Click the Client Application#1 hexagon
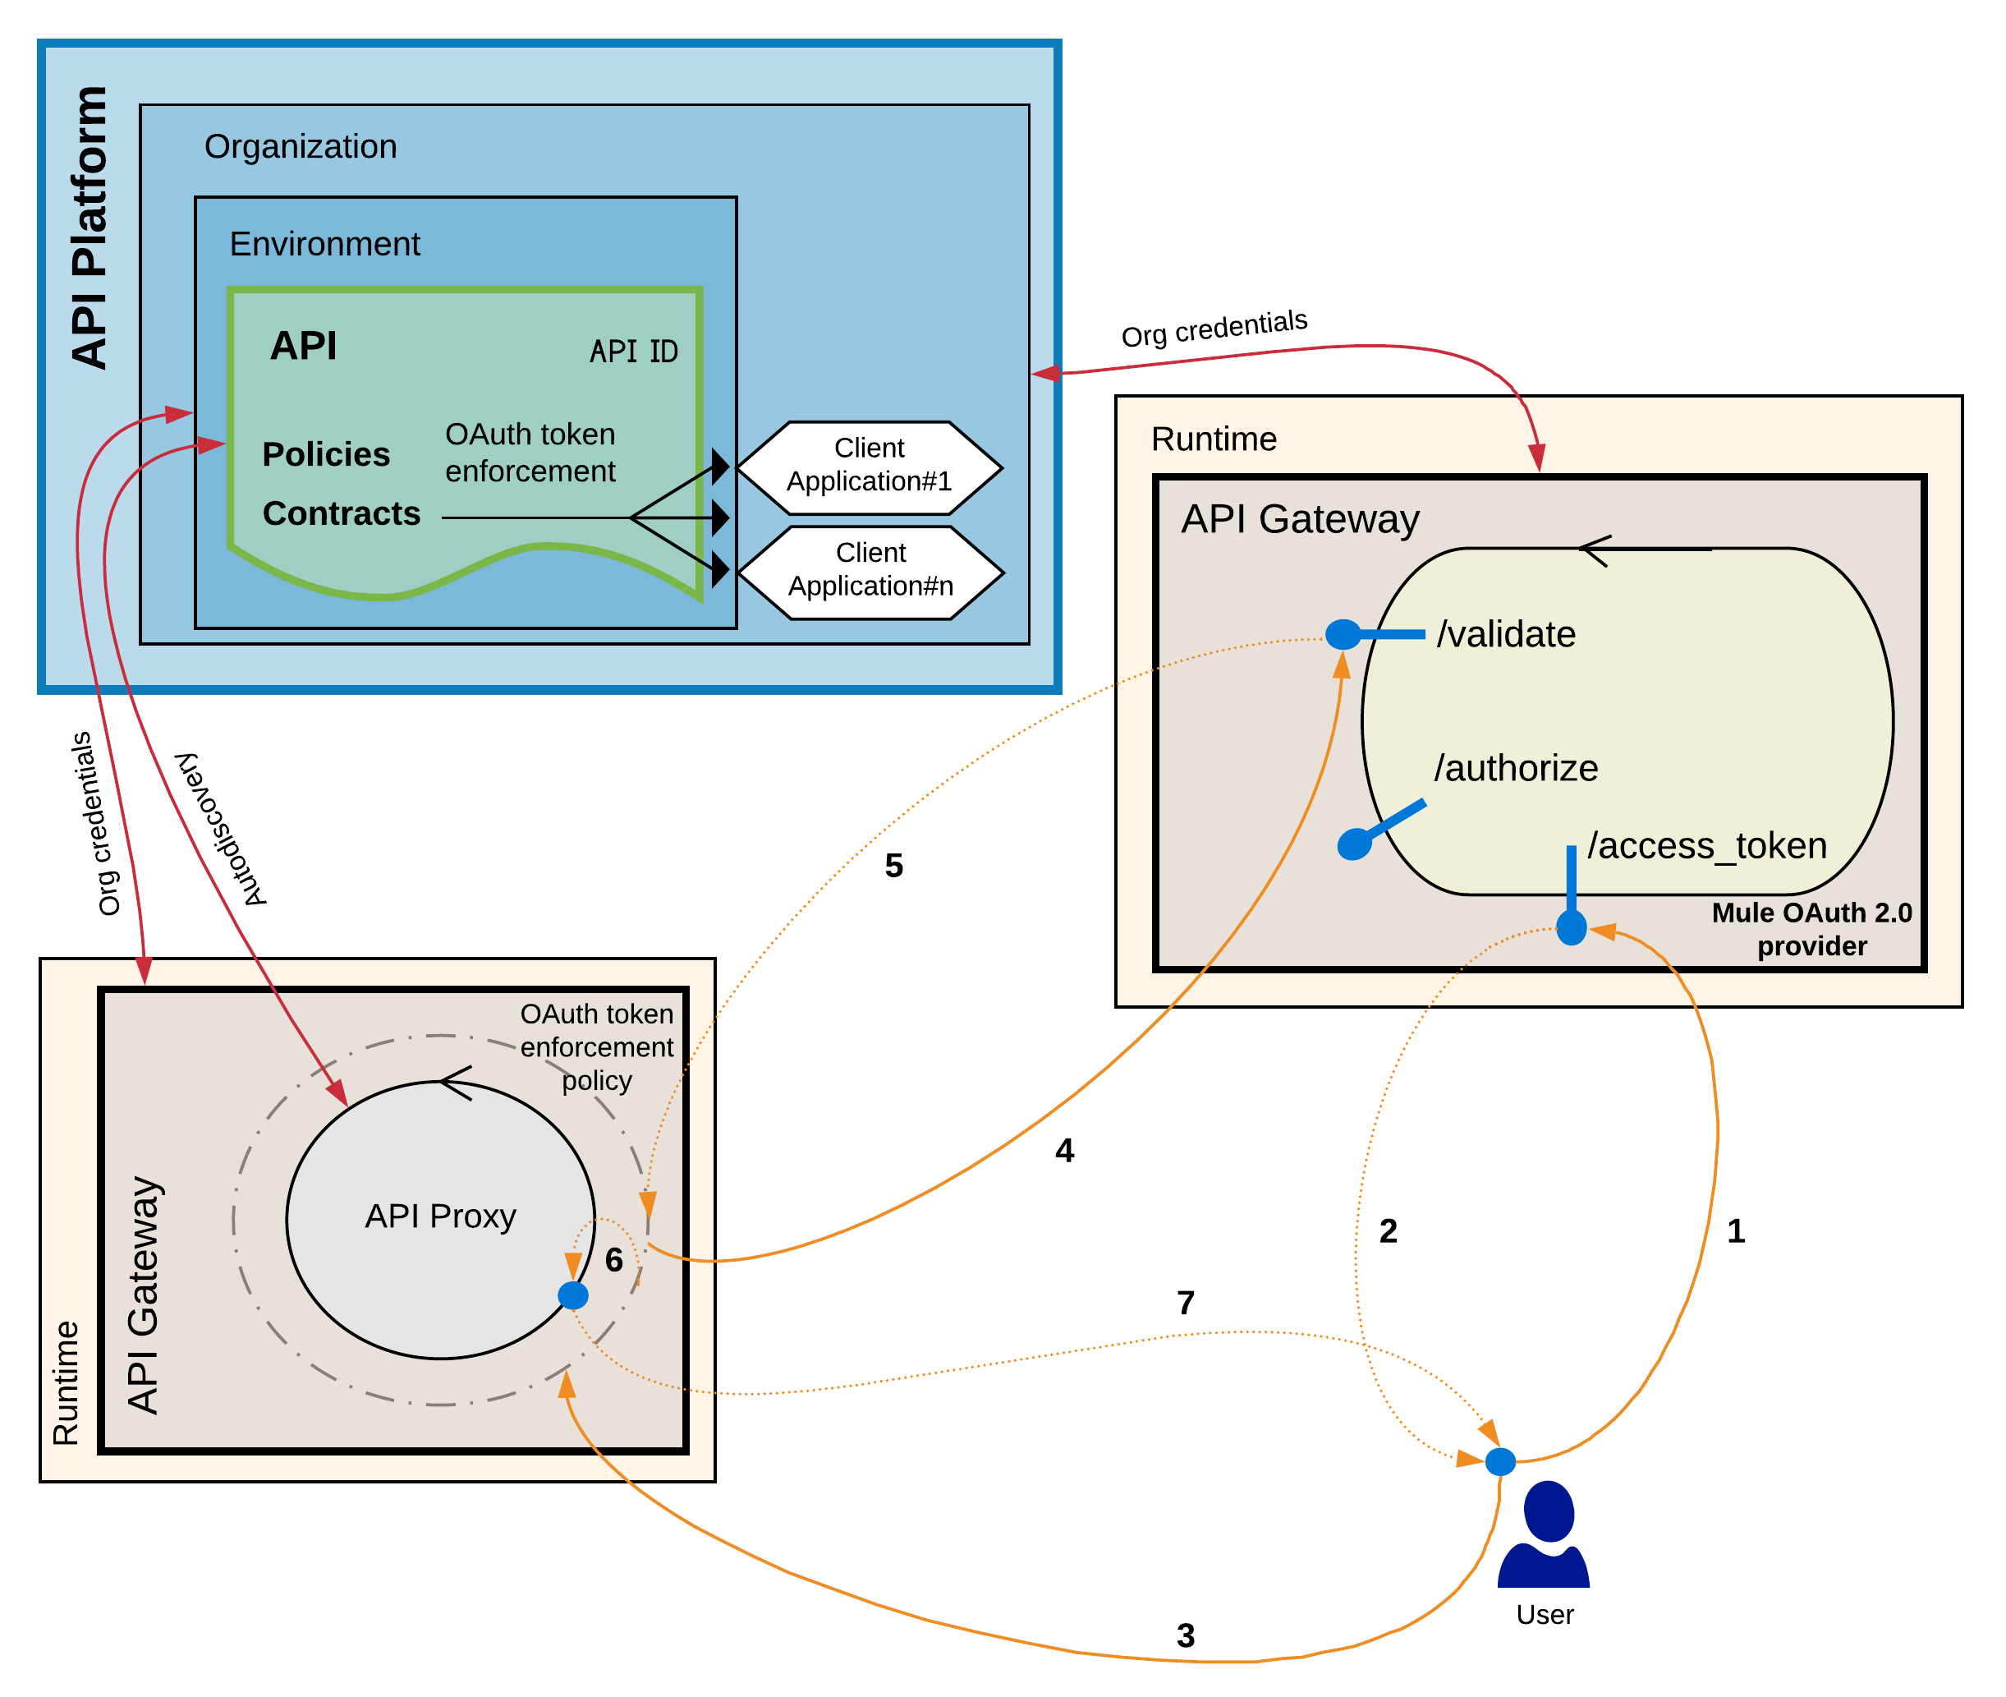click(x=869, y=467)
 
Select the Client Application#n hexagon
click(x=870, y=573)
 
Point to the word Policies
click(x=326, y=454)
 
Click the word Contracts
click(x=342, y=513)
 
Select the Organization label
click(x=300, y=146)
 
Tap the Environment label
click(x=324, y=244)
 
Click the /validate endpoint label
click(x=1506, y=635)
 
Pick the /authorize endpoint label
click(x=1516, y=769)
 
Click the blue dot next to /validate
click(x=1343, y=635)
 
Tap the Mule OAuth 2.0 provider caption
click(x=1811, y=929)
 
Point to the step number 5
click(x=893, y=866)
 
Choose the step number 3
click(x=1186, y=1635)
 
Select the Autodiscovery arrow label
click(x=220, y=830)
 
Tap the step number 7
click(x=1186, y=1304)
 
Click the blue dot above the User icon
click(x=1500, y=1462)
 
